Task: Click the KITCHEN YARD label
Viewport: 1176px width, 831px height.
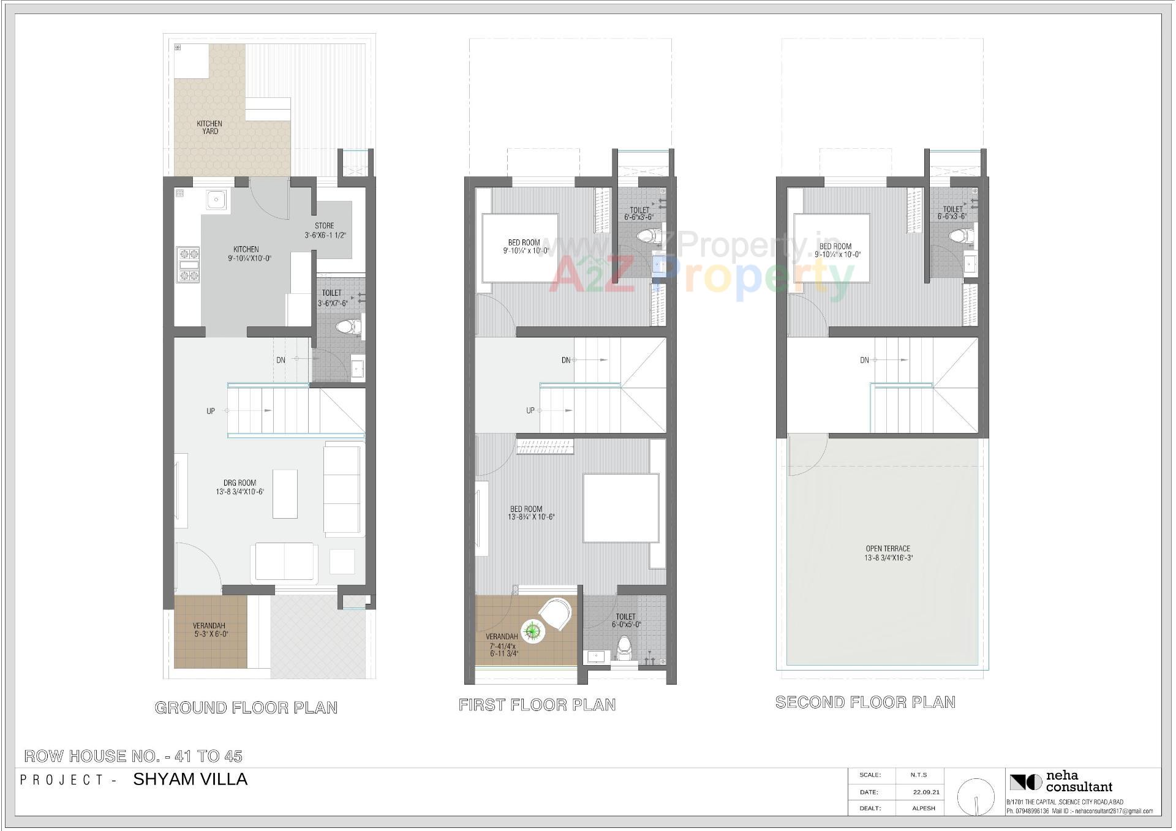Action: coord(209,127)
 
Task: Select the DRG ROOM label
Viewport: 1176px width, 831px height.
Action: coord(239,483)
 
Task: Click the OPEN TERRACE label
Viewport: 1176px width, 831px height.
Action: coord(888,549)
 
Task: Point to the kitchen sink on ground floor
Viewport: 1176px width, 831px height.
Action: coord(215,200)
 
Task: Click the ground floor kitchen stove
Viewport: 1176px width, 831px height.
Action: coord(188,265)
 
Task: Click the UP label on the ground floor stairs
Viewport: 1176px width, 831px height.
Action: coord(211,412)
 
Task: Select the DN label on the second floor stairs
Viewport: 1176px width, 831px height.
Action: coord(864,361)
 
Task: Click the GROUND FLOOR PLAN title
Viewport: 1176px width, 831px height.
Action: coord(246,708)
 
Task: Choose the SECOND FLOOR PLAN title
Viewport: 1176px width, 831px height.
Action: coord(865,702)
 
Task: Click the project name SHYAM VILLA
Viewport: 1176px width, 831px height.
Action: coord(190,780)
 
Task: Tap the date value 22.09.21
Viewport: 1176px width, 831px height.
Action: coord(926,792)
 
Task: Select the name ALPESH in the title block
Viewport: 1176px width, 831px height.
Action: coord(924,808)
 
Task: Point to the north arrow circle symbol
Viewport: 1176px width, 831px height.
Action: coord(976,797)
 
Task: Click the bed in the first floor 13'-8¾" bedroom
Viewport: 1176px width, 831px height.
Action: coord(621,508)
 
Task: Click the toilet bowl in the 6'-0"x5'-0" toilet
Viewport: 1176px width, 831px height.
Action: coord(624,649)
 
